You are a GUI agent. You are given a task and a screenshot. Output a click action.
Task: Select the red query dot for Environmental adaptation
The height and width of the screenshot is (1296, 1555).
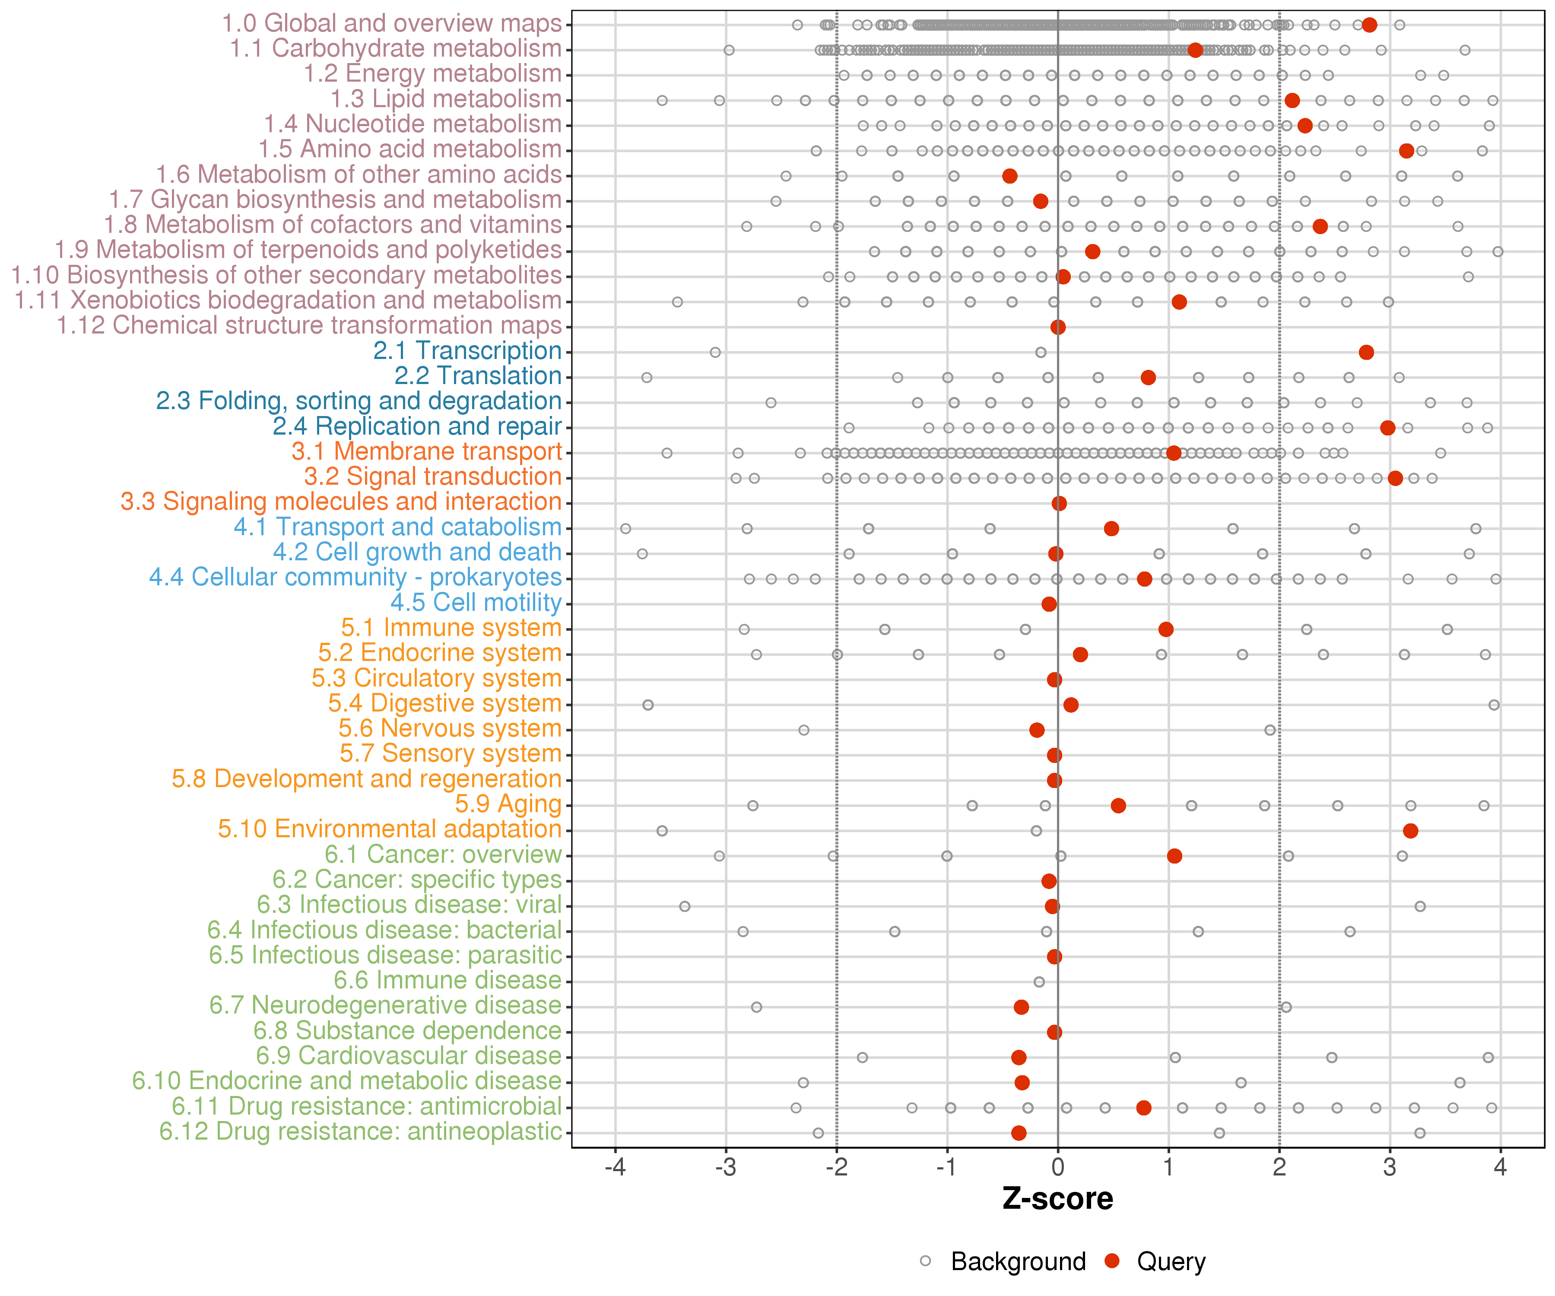point(1410,830)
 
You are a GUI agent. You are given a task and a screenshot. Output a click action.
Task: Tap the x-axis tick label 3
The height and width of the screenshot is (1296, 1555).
point(1390,1167)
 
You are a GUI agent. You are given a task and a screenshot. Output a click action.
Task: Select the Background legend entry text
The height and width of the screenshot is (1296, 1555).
point(1018,1261)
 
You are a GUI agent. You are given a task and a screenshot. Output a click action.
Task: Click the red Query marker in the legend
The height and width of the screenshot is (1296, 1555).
point(1111,1261)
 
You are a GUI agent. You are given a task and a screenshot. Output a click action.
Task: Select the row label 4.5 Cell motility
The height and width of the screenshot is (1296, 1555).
point(476,603)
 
